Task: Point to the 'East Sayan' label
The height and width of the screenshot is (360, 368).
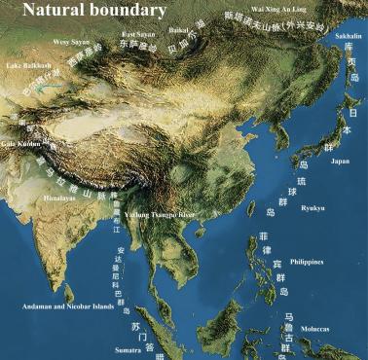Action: point(138,34)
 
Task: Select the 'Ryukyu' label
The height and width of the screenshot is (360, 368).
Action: point(313,207)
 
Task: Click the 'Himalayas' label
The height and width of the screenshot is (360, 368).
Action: point(58,198)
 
